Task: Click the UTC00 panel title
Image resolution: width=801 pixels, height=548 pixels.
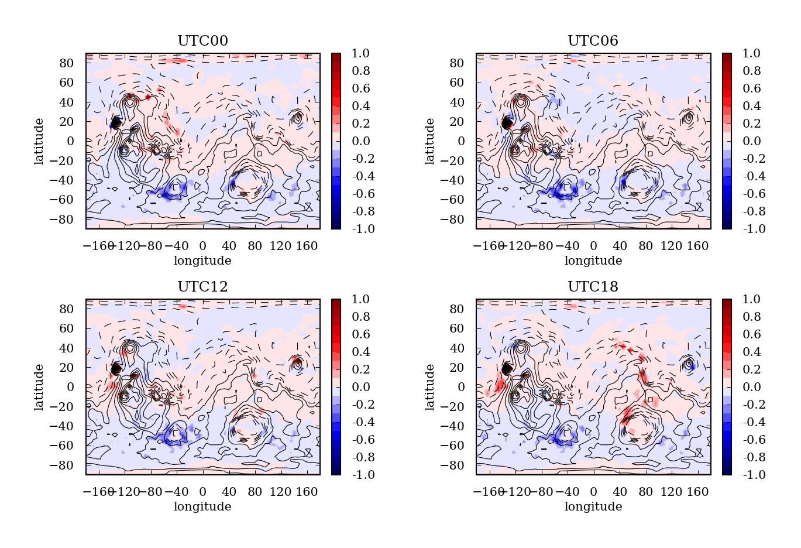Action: tap(202, 41)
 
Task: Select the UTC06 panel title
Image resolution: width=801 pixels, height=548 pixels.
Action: tap(593, 41)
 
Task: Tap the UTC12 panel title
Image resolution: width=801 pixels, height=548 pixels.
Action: tap(202, 287)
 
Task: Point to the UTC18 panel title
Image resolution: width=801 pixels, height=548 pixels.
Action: tap(593, 287)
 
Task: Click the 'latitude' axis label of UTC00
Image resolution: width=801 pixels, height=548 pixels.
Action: tap(39, 141)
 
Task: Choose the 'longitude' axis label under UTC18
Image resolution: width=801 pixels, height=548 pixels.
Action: tap(593, 506)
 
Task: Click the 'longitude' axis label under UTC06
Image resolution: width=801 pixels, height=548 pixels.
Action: tap(593, 261)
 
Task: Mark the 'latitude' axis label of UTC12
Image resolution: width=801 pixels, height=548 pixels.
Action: tap(39, 387)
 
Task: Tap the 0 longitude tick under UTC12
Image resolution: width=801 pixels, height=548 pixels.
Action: tap(202, 492)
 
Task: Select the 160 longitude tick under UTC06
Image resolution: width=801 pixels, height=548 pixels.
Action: tap(697, 246)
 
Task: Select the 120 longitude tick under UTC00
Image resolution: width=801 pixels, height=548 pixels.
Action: tap(280, 246)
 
